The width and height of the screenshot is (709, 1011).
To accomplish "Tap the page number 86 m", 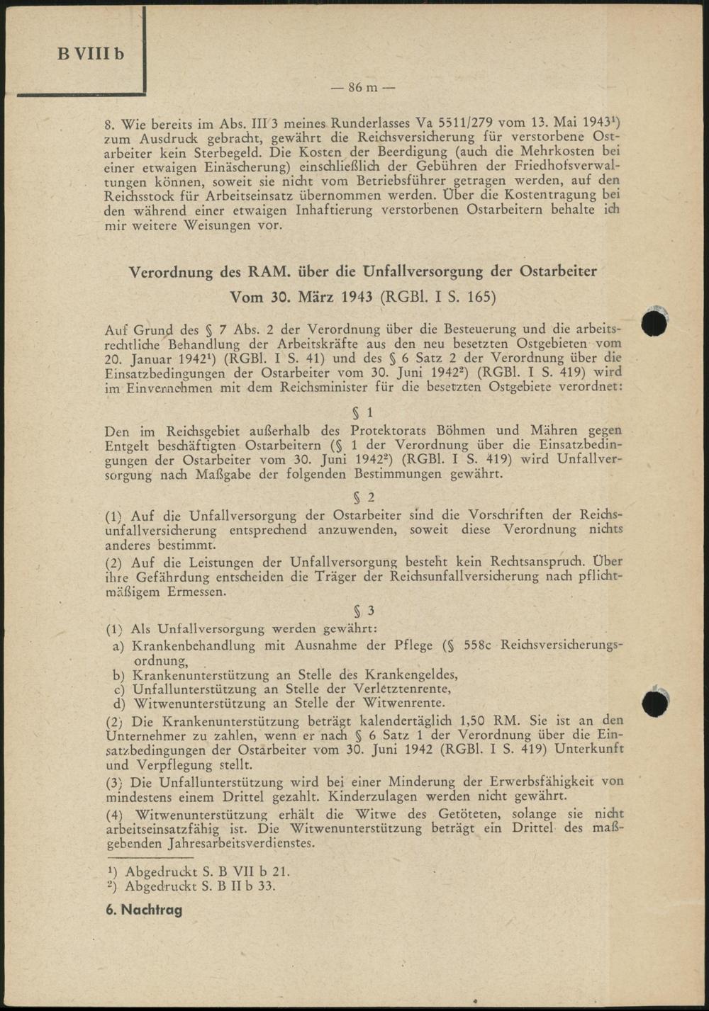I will click(x=363, y=87).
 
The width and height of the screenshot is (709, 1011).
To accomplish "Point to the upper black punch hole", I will click(x=654, y=323).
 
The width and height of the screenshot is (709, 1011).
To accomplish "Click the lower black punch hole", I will click(x=654, y=703).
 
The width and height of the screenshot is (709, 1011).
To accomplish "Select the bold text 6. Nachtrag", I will click(x=144, y=910).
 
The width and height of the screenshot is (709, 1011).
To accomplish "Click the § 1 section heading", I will click(x=362, y=412).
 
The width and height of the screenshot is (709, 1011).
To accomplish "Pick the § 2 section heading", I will click(x=364, y=497).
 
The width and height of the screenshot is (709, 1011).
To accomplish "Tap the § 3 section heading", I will click(x=364, y=611).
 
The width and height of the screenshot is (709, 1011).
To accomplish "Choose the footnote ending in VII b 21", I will click(x=198, y=872).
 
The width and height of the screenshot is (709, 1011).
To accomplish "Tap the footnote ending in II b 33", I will click(x=191, y=886).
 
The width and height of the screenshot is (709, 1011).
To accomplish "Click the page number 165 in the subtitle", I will click(x=481, y=297).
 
